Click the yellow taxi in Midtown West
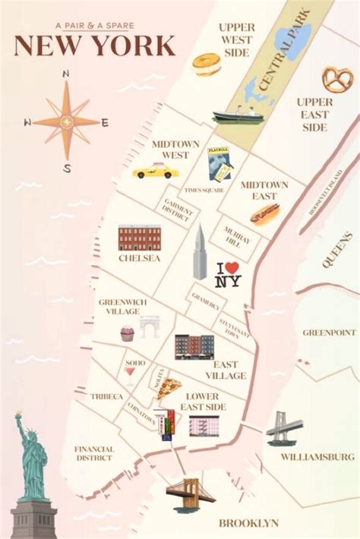click(155, 171)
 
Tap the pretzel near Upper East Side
click(334, 79)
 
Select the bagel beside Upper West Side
click(206, 64)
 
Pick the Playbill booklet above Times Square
click(219, 162)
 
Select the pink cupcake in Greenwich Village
click(127, 333)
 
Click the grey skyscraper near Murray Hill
click(200, 254)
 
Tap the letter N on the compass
click(66, 74)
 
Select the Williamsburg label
click(317, 457)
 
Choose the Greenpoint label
click(329, 333)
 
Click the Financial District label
click(94, 453)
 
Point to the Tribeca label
click(106, 396)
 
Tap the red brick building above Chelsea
click(140, 238)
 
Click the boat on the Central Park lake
click(238, 117)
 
